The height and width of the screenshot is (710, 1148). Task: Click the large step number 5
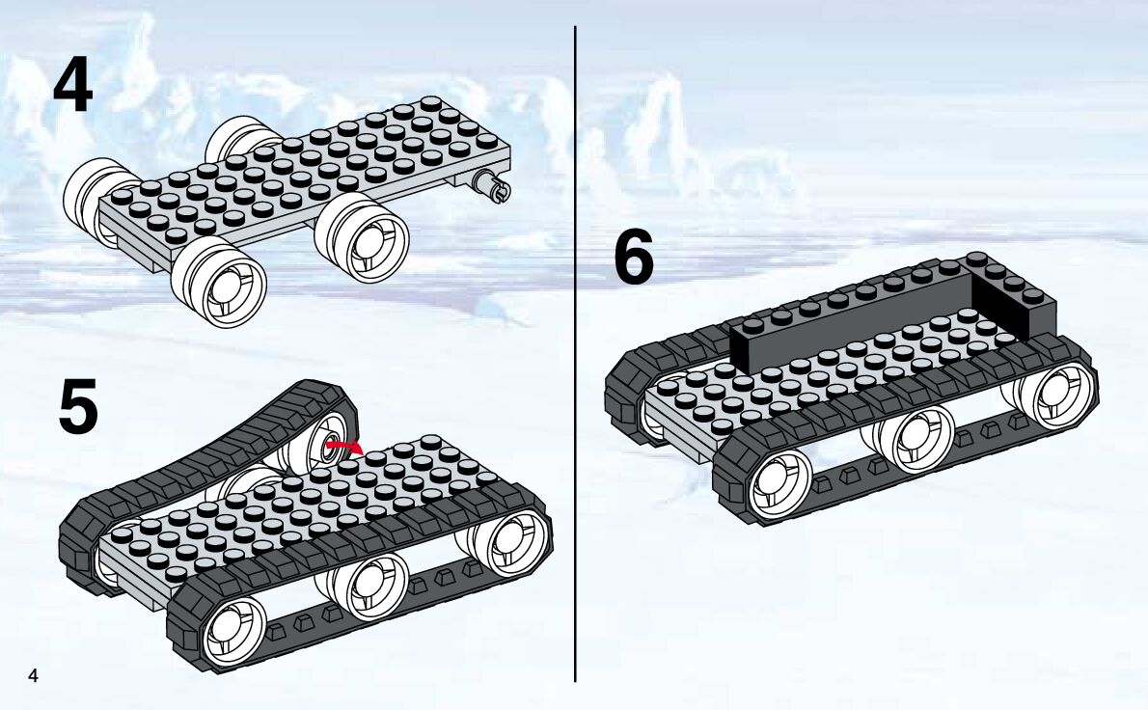[x=77, y=408]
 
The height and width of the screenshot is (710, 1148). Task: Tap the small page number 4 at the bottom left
[x=33, y=675]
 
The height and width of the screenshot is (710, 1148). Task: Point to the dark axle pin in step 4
[x=492, y=186]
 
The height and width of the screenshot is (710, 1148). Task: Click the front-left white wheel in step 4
[x=221, y=282]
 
